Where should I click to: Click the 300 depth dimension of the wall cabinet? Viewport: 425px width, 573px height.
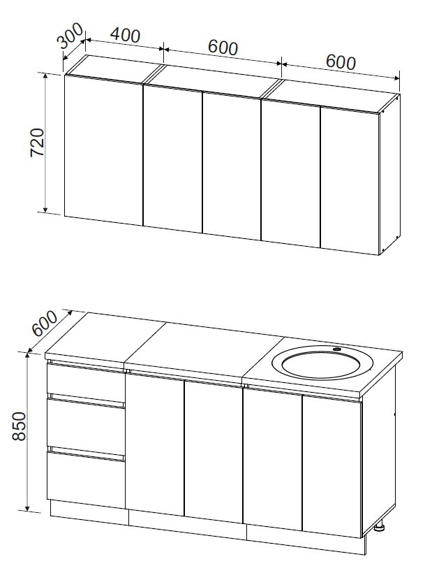pyautogui.click(x=71, y=36)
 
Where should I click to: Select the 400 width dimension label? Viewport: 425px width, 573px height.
pyautogui.click(x=125, y=36)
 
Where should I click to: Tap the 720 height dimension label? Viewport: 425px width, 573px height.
pyautogui.click(x=37, y=142)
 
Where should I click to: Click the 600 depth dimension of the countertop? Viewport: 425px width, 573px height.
pyautogui.click(x=45, y=323)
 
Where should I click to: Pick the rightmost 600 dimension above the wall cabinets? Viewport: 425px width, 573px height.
pyautogui.click(x=341, y=62)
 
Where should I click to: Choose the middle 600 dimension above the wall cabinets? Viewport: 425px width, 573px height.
pyautogui.click(x=223, y=48)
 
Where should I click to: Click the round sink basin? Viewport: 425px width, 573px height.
pyautogui.click(x=322, y=362)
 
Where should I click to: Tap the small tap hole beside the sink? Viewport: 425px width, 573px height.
pyautogui.click(x=336, y=349)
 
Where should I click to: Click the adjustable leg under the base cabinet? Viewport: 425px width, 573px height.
pyautogui.click(x=380, y=527)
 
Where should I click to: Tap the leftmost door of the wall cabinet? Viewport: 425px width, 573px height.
pyautogui.click(x=103, y=150)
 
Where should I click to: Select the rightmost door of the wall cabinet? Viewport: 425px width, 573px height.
pyautogui.click(x=350, y=180)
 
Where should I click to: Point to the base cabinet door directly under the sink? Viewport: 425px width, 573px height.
pyautogui.click(x=272, y=458)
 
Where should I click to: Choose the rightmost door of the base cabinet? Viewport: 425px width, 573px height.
pyautogui.click(x=332, y=467)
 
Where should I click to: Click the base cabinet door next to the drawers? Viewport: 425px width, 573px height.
pyautogui.click(x=155, y=444)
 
